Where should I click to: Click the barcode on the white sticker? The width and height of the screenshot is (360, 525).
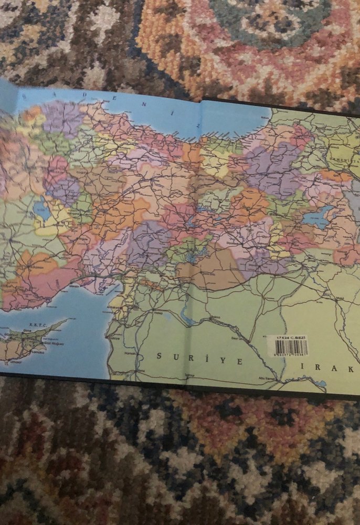point(292,347)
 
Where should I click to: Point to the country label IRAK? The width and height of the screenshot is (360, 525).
point(325,370)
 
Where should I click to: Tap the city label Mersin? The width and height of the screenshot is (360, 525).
point(74,287)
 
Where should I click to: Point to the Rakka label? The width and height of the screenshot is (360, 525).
point(216,318)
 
